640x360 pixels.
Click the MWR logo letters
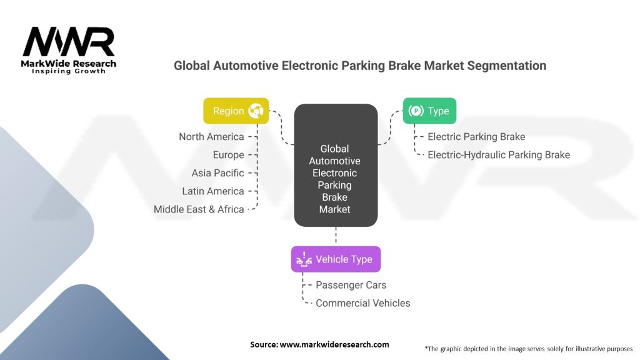(69, 42)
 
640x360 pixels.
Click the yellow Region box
(236, 111)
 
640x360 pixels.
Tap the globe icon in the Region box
(256, 111)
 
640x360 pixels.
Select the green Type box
(429, 111)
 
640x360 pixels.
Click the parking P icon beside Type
(416, 111)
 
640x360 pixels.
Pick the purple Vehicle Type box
(336, 259)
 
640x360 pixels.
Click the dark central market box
(336, 165)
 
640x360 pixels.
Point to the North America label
(211, 136)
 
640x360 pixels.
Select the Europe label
(228, 154)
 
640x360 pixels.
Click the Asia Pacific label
(217, 172)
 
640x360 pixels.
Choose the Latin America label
(212, 191)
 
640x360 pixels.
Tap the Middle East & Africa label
(199, 209)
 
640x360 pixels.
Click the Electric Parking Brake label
(476, 136)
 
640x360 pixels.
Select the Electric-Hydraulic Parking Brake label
(499, 154)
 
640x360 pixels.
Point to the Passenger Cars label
(351, 285)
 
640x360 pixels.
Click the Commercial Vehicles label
(363, 303)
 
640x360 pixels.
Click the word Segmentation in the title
(501, 65)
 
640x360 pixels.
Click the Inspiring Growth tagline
(69, 71)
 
